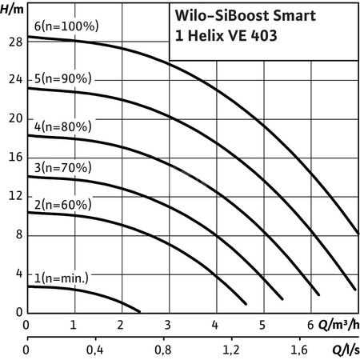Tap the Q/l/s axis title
[345, 350]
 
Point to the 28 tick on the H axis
[12, 41]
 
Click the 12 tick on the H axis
[12, 196]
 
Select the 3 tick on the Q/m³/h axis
[168, 326]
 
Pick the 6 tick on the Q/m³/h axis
[310, 326]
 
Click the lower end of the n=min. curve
[139, 310]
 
